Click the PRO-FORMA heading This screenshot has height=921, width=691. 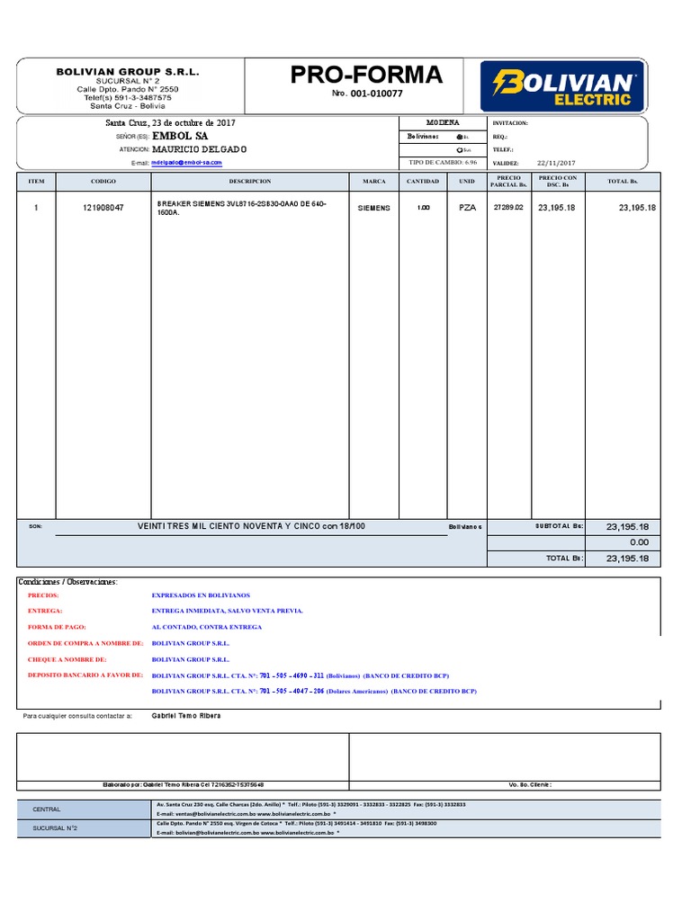click(x=366, y=76)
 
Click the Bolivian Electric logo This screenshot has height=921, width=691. click(x=563, y=87)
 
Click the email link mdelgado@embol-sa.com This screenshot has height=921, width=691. click(x=186, y=163)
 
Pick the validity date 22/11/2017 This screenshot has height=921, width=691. click(x=556, y=163)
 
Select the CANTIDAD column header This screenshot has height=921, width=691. click(x=423, y=181)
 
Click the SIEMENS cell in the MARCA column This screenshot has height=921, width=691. click(x=374, y=208)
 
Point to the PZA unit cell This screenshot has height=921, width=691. click(x=467, y=208)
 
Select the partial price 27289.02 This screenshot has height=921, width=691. click(x=508, y=208)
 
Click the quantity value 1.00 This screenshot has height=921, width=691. click(x=423, y=208)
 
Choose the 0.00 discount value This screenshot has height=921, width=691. click(x=639, y=542)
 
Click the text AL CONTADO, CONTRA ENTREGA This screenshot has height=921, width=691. click(x=207, y=627)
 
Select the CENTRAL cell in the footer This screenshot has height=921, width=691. click(x=47, y=809)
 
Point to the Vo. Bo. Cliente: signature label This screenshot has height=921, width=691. click(x=530, y=784)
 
